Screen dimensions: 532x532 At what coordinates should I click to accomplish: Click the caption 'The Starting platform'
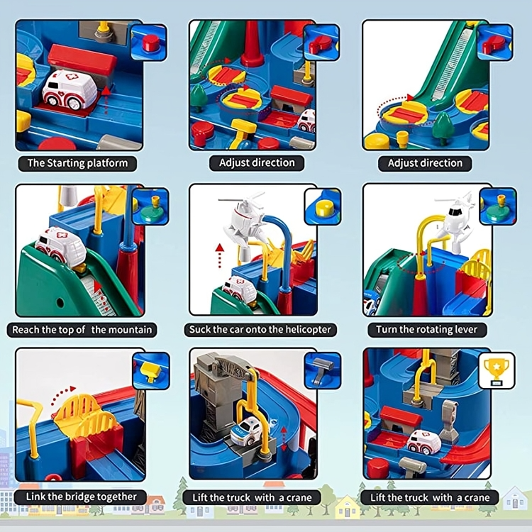tap(78, 163)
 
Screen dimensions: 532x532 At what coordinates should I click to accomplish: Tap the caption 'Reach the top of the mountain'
tap(82, 330)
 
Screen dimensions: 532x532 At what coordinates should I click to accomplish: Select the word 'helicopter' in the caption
tap(306, 330)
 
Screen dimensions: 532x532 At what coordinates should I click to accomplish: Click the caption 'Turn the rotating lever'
tap(426, 330)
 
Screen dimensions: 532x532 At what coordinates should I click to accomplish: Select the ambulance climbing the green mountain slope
tap(61, 246)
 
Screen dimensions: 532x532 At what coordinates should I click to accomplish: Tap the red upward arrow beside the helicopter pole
tap(220, 255)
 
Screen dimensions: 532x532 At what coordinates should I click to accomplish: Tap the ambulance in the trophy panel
tap(424, 441)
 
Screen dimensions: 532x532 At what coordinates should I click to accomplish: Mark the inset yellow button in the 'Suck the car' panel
tap(323, 206)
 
